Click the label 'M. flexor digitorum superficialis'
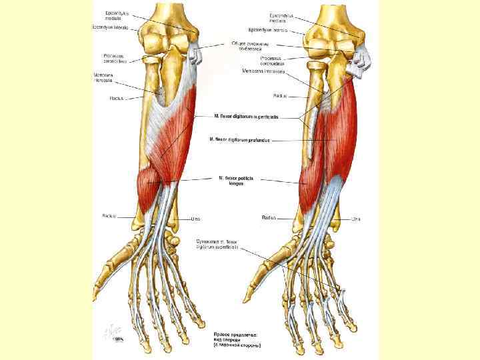(x=246, y=116)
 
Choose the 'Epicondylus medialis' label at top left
(x=117, y=15)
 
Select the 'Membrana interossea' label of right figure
(x=264, y=71)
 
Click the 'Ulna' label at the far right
(x=356, y=219)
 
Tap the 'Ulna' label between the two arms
(x=196, y=218)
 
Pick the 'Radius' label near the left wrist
(x=109, y=215)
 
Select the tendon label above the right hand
(x=217, y=244)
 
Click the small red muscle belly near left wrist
(x=148, y=187)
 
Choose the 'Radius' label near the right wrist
(x=269, y=217)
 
